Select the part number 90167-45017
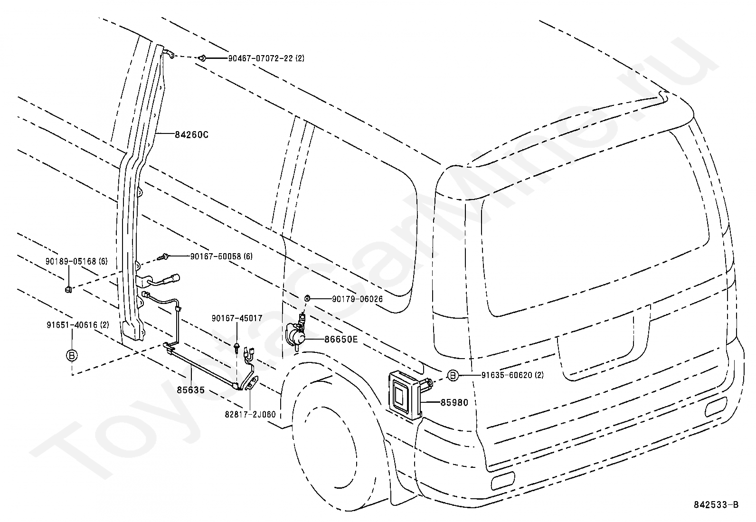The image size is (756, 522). pos(237,318)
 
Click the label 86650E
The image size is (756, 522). pos(341,340)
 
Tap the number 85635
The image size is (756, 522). pos(190,390)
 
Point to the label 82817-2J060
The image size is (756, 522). pos(250,415)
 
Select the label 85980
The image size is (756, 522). pos(454,403)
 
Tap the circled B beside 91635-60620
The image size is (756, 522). pos(453,375)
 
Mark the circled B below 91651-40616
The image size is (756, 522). pos(71,355)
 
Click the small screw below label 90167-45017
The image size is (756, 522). pos(236,346)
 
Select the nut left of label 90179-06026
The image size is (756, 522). pos(307,298)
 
